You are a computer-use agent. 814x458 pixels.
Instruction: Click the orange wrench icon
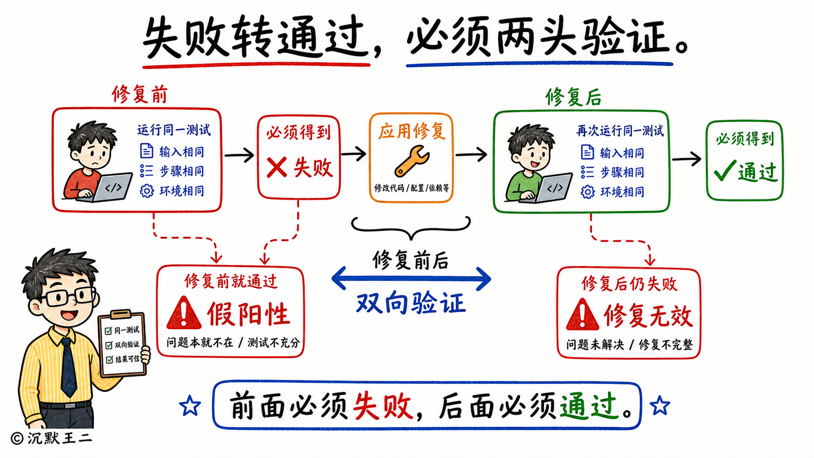[411, 161]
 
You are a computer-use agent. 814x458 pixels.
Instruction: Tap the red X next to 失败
[277, 167]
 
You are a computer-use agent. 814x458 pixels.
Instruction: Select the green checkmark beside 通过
[725, 170]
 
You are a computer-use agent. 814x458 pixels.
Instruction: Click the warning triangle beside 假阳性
[184, 313]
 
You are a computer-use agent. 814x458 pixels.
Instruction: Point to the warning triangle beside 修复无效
[583, 314]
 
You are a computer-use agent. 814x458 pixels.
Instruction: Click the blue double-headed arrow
[411, 278]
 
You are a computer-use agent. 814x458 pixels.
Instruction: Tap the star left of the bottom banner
[190, 406]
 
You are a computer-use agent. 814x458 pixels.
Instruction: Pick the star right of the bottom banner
[660, 405]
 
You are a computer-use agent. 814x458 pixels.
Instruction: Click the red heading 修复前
[140, 95]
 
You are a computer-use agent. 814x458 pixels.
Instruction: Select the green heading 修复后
[573, 97]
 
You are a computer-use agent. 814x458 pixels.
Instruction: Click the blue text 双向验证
[411, 303]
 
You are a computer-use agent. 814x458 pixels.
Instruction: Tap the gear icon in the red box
[147, 191]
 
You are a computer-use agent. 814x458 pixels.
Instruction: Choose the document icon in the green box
[587, 152]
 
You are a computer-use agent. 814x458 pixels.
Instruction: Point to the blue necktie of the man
[68, 367]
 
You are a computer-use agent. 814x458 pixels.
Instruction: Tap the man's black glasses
[69, 297]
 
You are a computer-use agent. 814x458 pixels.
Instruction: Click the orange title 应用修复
[412, 131]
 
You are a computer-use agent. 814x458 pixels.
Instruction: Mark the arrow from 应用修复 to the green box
[471, 154]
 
